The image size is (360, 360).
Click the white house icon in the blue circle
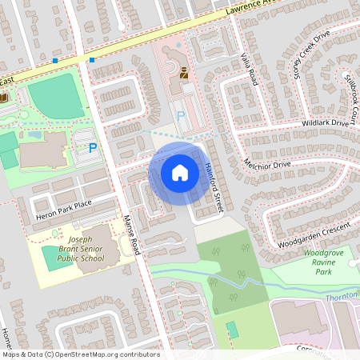[x=179, y=172]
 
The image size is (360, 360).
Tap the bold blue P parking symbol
[x=92, y=148]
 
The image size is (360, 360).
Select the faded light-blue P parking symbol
[x=180, y=117]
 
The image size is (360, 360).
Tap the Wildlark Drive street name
[x=326, y=123]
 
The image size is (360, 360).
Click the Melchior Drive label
[x=268, y=164]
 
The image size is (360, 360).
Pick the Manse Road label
[x=131, y=235]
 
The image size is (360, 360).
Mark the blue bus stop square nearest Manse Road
[x=92, y=59]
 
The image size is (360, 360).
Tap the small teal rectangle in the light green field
[x=232, y=329]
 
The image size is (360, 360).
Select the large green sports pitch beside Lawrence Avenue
[x=56, y=98]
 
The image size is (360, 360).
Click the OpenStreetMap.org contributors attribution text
[x=104, y=354]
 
